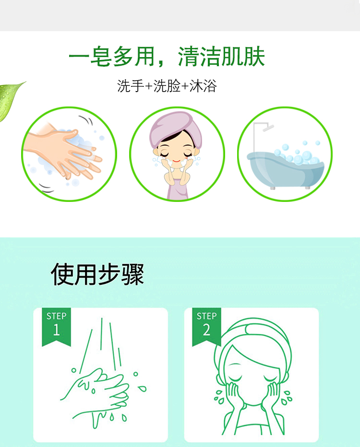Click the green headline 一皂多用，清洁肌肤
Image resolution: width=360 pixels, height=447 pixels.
[x=167, y=57]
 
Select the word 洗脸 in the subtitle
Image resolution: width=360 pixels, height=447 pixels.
[x=167, y=86]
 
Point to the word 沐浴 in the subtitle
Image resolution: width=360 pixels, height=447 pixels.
[x=203, y=86]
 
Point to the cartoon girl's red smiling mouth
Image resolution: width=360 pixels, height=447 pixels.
[x=177, y=161]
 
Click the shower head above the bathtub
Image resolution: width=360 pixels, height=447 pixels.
[x=268, y=128]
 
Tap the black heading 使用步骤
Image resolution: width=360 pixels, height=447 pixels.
[x=97, y=274]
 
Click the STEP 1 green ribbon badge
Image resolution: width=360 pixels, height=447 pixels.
[x=56, y=327]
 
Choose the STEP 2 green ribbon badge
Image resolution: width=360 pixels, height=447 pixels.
[x=206, y=327]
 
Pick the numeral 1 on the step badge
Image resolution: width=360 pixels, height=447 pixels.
[x=56, y=329]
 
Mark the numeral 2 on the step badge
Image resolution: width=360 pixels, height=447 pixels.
[x=206, y=329]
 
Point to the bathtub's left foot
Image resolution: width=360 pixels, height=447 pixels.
[x=273, y=188]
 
